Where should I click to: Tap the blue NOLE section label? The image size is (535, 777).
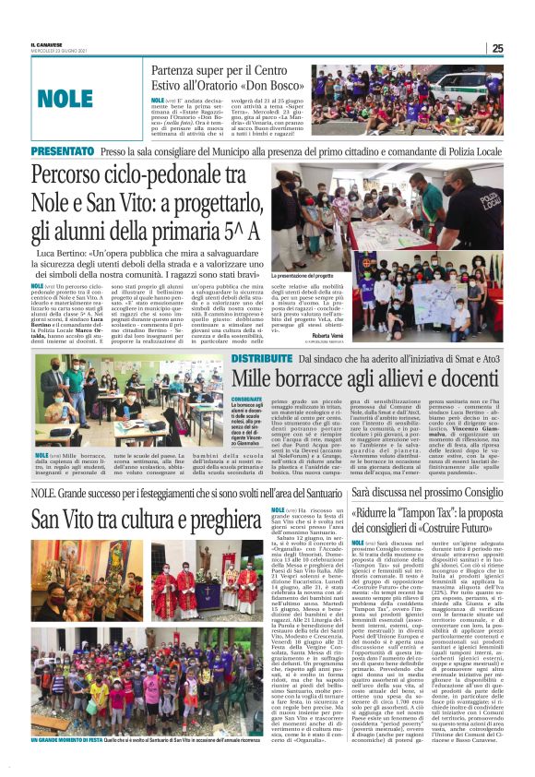[66, 97]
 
